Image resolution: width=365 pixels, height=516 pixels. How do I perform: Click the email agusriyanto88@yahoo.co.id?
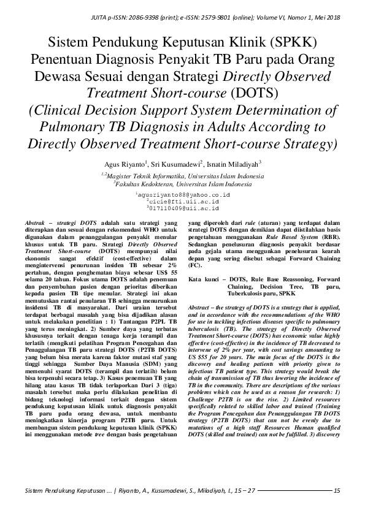(183, 194)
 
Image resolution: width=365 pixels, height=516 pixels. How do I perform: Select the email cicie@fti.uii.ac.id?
(183, 200)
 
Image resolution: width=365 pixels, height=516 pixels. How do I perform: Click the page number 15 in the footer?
(336, 490)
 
